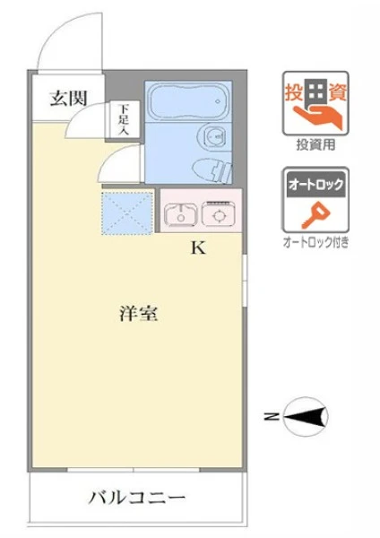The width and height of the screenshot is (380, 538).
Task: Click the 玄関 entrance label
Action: (x=69, y=99)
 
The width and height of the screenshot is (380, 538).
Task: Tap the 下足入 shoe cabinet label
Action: (x=124, y=119)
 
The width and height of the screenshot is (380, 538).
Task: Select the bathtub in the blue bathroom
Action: (x=188, y=101)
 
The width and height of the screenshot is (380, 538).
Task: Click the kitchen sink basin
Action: (x=180, y=215)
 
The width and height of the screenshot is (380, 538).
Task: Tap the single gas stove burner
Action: (x=219, y=216)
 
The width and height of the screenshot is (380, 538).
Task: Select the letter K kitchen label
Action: (x=198, y=247)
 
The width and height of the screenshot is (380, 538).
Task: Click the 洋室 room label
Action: (x=139, y=313)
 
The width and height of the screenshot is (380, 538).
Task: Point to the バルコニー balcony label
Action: (x=137, y=498)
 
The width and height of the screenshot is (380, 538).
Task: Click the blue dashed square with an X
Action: (x=127, y=213)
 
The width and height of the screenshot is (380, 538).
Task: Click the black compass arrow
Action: (x=305, y=417)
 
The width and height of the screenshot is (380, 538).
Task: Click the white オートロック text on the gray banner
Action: (x=315, y=185)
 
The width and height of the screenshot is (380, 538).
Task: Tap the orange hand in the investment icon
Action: (x=318, y=116)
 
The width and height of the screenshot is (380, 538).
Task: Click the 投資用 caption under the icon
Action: (x=315, y=145)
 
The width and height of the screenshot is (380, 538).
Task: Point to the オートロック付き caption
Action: (x=315, y=243)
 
